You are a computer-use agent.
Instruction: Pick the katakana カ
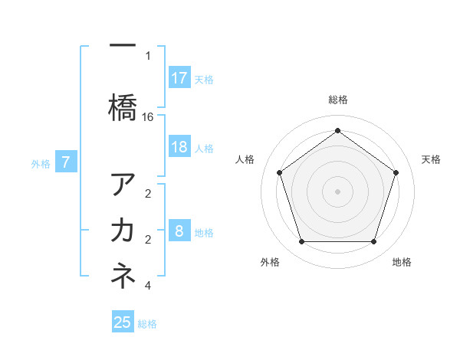click(123, 229)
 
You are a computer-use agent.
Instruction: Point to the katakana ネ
click(123, 277)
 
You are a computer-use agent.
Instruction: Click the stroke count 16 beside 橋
click(148, 117)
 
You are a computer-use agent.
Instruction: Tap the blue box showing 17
click(179, 78)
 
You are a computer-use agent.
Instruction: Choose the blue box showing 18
click(179, 147)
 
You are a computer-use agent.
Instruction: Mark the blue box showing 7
click(66, 162)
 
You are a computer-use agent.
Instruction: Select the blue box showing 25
click(123, 322)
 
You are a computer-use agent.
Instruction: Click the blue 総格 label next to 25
click(147, 324)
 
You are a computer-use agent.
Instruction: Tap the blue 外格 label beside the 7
click(41, 163)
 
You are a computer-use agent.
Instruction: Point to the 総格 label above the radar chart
click(337, 100)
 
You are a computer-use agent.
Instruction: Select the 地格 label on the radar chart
click(402, 263)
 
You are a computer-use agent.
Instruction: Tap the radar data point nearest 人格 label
click(279, 172)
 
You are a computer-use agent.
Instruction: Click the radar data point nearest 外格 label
click(301, 242)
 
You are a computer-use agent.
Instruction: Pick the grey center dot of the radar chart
click(337, 191)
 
